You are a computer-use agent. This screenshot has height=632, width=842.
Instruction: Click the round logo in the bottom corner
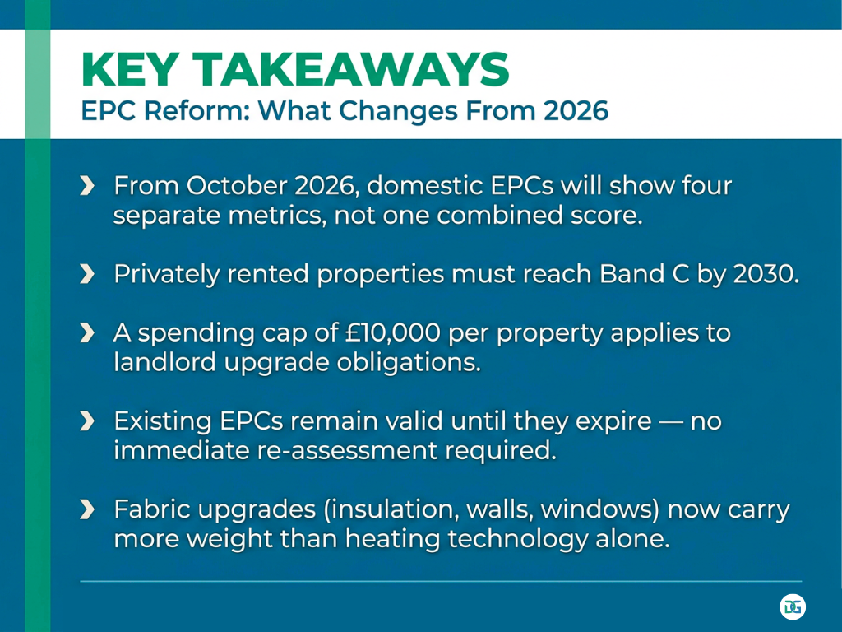[793, 607]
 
